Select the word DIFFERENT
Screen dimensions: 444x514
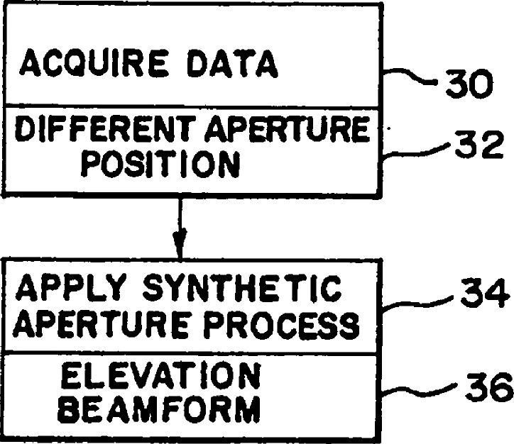(x=94, y=131)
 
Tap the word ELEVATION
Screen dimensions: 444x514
(x=159, y=377)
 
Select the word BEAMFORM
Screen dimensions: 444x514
(x=159, y=409)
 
